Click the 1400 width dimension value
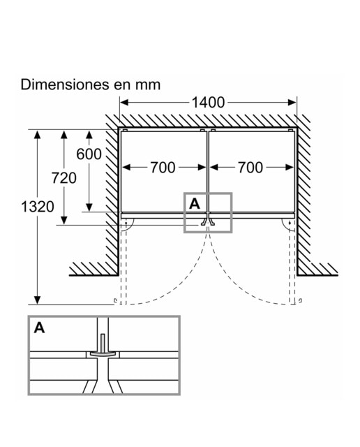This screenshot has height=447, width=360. click(208, 103)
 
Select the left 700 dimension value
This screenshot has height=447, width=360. click(163, 168)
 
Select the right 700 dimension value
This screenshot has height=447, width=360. click(250, 168)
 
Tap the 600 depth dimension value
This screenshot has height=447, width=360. click(89, 154)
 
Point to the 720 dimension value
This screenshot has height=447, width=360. click(64, 178)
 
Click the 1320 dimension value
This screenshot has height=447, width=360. click(37, 207)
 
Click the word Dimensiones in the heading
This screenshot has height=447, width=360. click(65, 85)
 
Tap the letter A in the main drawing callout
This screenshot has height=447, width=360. click(195, 204)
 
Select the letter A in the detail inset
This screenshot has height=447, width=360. click(39, 328)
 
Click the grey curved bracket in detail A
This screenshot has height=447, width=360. click(103, 353)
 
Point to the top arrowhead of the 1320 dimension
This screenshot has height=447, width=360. click(37, 134)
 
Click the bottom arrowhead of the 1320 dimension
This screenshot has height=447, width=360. click(37, 300)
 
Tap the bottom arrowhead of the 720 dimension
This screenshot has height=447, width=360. click(64, 221)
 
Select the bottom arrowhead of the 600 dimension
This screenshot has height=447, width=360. click(89, 207)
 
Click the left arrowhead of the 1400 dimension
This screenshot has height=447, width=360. click(124, 103)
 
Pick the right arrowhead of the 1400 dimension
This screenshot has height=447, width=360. click(292, 103)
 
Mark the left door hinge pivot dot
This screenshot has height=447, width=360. click(126, 223)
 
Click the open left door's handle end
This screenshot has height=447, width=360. click(115, 301)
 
